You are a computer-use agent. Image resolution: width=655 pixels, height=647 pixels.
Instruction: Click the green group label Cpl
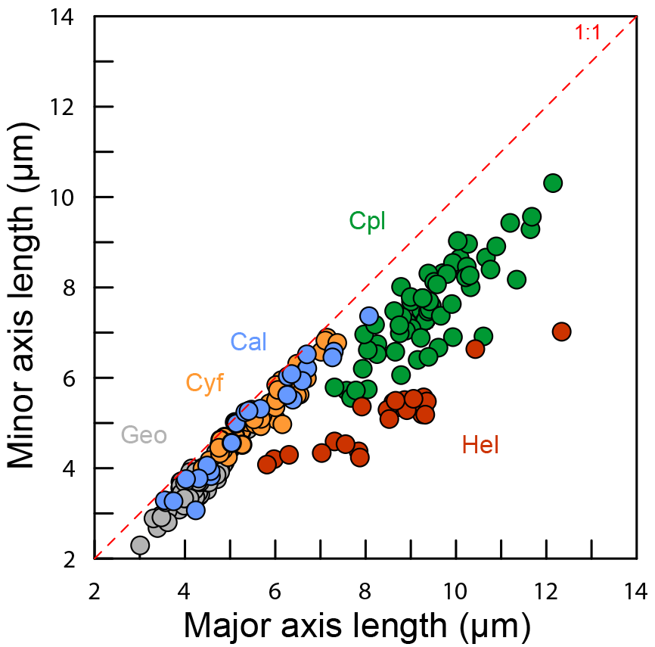(368, 221)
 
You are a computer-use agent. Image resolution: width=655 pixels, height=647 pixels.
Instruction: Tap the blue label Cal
(249, 342)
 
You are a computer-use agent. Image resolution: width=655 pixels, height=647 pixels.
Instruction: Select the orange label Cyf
(205, 384)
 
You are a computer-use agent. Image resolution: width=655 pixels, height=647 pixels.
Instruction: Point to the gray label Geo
(144, 435)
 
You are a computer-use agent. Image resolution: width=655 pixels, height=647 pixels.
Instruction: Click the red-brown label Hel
(480, 446)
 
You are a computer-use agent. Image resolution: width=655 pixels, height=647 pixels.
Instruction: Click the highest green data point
(553, 182)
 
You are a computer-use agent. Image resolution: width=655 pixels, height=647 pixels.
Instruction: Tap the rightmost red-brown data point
(561, 331)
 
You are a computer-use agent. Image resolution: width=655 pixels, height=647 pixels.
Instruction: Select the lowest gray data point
(140, 545)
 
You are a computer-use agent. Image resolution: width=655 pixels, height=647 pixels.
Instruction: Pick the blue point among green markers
(369, 316)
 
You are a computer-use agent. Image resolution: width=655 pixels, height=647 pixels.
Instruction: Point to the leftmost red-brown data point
(266, 464)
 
